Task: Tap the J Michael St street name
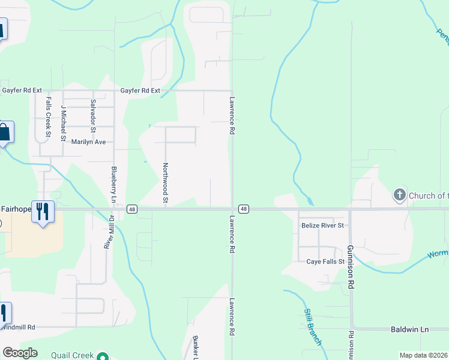(64, 123)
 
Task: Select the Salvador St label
(93, 116)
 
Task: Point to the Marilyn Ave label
(88, 142)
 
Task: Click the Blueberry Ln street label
(112, 184)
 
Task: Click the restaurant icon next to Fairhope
(43, 211)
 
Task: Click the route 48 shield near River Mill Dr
(132, 209)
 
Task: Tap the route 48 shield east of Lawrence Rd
(243, 209)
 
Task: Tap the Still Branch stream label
(313, 327)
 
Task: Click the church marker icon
(399, 195)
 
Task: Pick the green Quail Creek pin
(103, 356)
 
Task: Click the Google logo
(20, 353)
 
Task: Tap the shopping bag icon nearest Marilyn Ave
(4, 133)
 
